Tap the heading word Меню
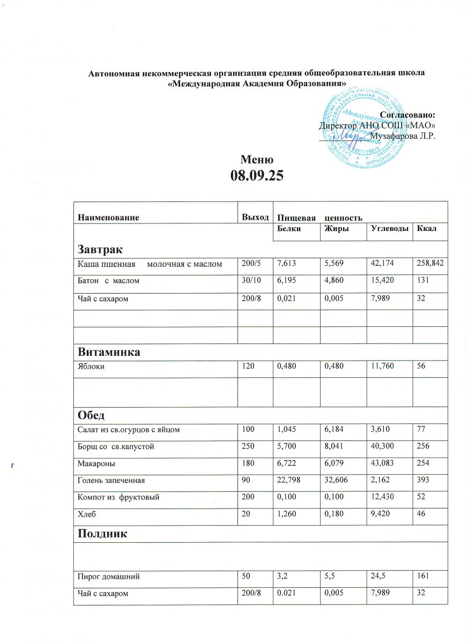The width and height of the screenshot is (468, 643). click(x=257, y=160)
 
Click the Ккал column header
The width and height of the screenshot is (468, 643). click(x=429, y=229)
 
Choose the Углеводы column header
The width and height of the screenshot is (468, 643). click(x=389, y=229)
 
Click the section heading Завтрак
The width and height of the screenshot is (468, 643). click(x=100, y=249)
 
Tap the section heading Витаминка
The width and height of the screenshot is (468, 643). click(x=109, y=352)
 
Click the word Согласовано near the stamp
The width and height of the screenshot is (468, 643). click(x=406, y=115)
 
